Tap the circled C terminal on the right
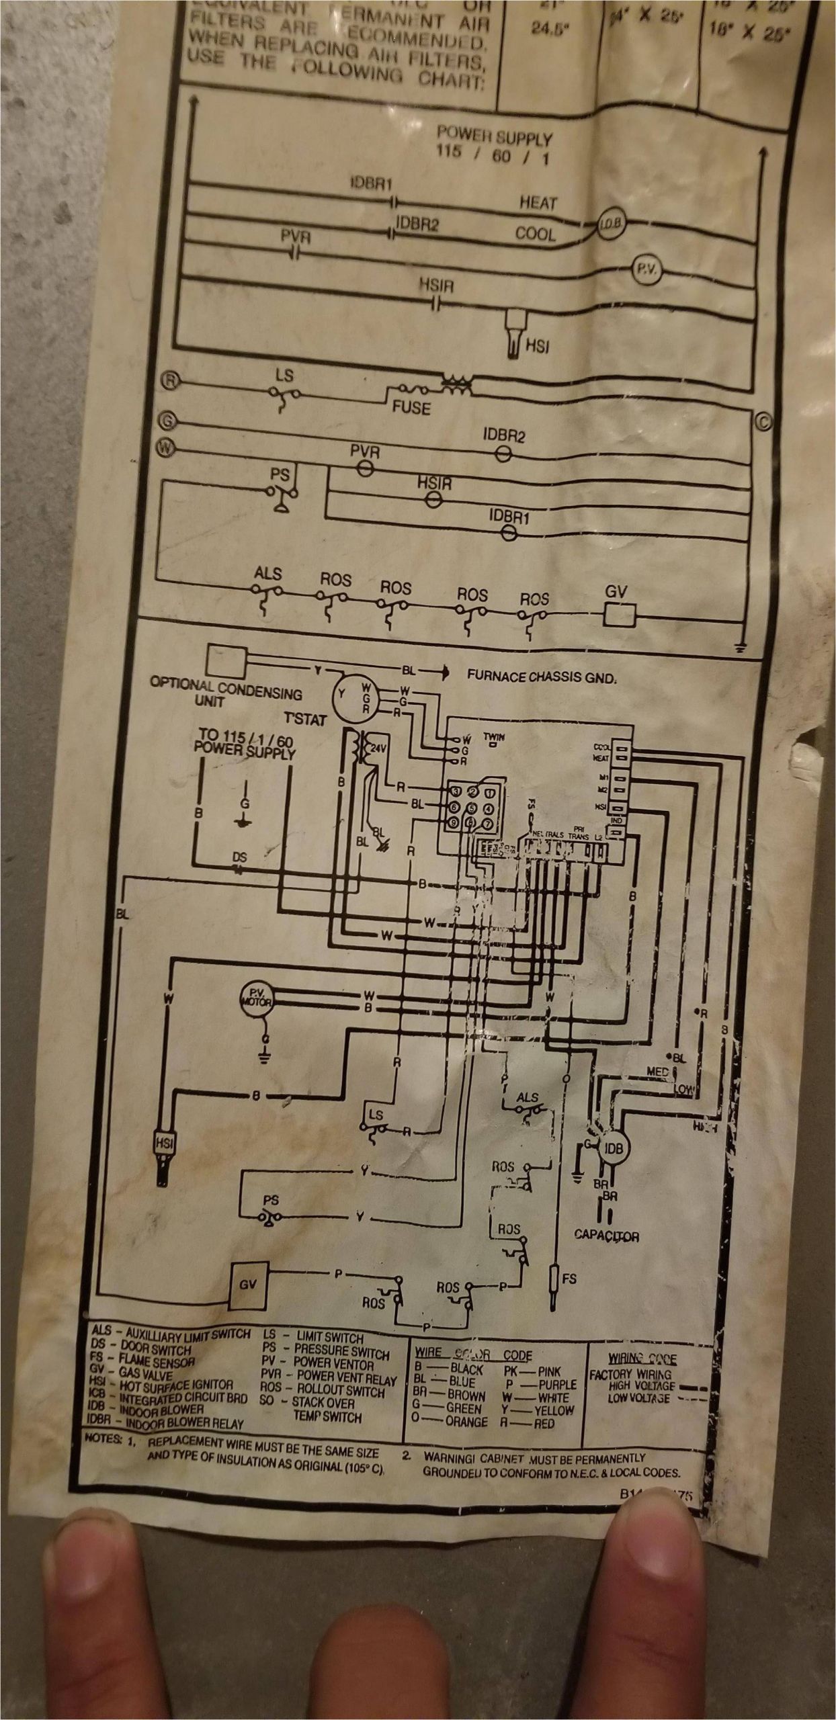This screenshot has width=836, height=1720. click(x=764, y=419)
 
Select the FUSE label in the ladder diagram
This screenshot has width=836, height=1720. click(x=411, y=407)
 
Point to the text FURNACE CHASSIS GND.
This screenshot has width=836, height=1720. click(x=541, y=677)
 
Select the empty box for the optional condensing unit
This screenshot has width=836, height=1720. click(x=226, y=662)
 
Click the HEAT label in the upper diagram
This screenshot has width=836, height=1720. click(x=538, y=202)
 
